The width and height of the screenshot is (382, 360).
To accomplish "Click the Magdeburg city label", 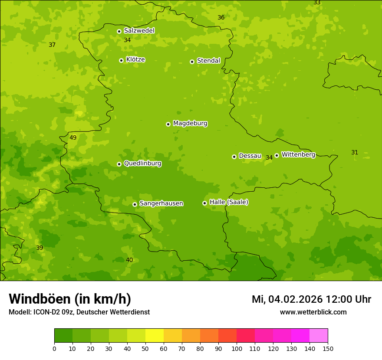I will coord(190,124).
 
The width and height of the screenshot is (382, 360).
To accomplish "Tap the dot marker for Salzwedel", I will coord(119,31).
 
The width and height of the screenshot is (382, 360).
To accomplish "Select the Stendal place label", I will coord(209,61).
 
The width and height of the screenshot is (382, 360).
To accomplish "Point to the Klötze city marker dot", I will coord(121,60).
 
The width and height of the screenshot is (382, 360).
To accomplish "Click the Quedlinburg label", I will coord(142,164).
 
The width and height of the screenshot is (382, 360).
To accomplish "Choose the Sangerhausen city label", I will coord(161,203).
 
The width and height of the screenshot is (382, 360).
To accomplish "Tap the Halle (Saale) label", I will coord(229,202).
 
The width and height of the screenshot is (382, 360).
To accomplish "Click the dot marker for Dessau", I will coord(234,157).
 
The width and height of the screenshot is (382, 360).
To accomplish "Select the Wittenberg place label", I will coord(298,154).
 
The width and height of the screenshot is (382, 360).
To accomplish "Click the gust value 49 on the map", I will coord(73,137).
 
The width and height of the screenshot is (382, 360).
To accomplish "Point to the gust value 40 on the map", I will coord(129,260).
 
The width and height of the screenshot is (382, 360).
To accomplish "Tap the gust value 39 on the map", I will coord(40,248).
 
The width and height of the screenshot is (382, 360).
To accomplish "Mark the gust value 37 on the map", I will coord(52,45).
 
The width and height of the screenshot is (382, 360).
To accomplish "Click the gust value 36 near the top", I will coord(221,17).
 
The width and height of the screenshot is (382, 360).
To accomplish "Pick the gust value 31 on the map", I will coord(355,152).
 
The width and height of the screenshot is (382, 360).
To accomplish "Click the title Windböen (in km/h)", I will coord(70,299).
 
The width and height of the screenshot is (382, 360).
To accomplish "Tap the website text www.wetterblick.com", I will coord(313,312).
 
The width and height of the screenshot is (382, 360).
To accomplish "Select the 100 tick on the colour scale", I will coord(237,348).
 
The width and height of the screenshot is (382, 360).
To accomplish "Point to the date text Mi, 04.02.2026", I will coord(287,299).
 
